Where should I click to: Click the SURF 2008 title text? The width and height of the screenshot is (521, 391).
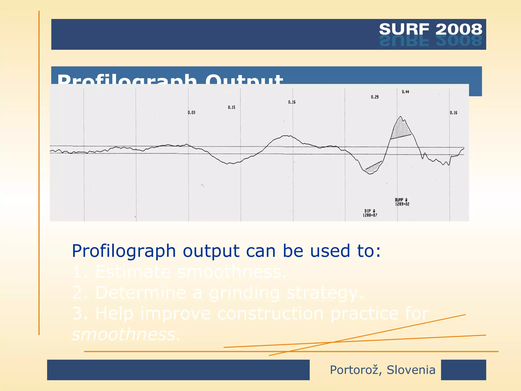click(430, 29)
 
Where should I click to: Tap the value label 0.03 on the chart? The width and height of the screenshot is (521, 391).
click(192, 113)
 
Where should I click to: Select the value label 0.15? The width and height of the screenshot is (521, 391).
click(231, 107)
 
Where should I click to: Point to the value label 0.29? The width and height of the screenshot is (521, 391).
click(374, 97)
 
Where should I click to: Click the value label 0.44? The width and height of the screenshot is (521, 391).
click(405, 92)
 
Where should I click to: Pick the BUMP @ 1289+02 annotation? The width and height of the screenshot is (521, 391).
click(402, 202)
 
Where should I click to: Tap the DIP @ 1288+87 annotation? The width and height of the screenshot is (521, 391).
click(370, 213)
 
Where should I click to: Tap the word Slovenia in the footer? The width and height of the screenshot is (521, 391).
click(411, 370)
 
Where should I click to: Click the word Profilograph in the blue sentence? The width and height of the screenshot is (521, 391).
click(124, 251)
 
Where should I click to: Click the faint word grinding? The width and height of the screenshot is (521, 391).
click(244, 293)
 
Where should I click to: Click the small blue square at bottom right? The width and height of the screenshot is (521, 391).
click(463, 370)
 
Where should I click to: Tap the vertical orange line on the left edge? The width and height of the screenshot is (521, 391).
click(39, 173)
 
